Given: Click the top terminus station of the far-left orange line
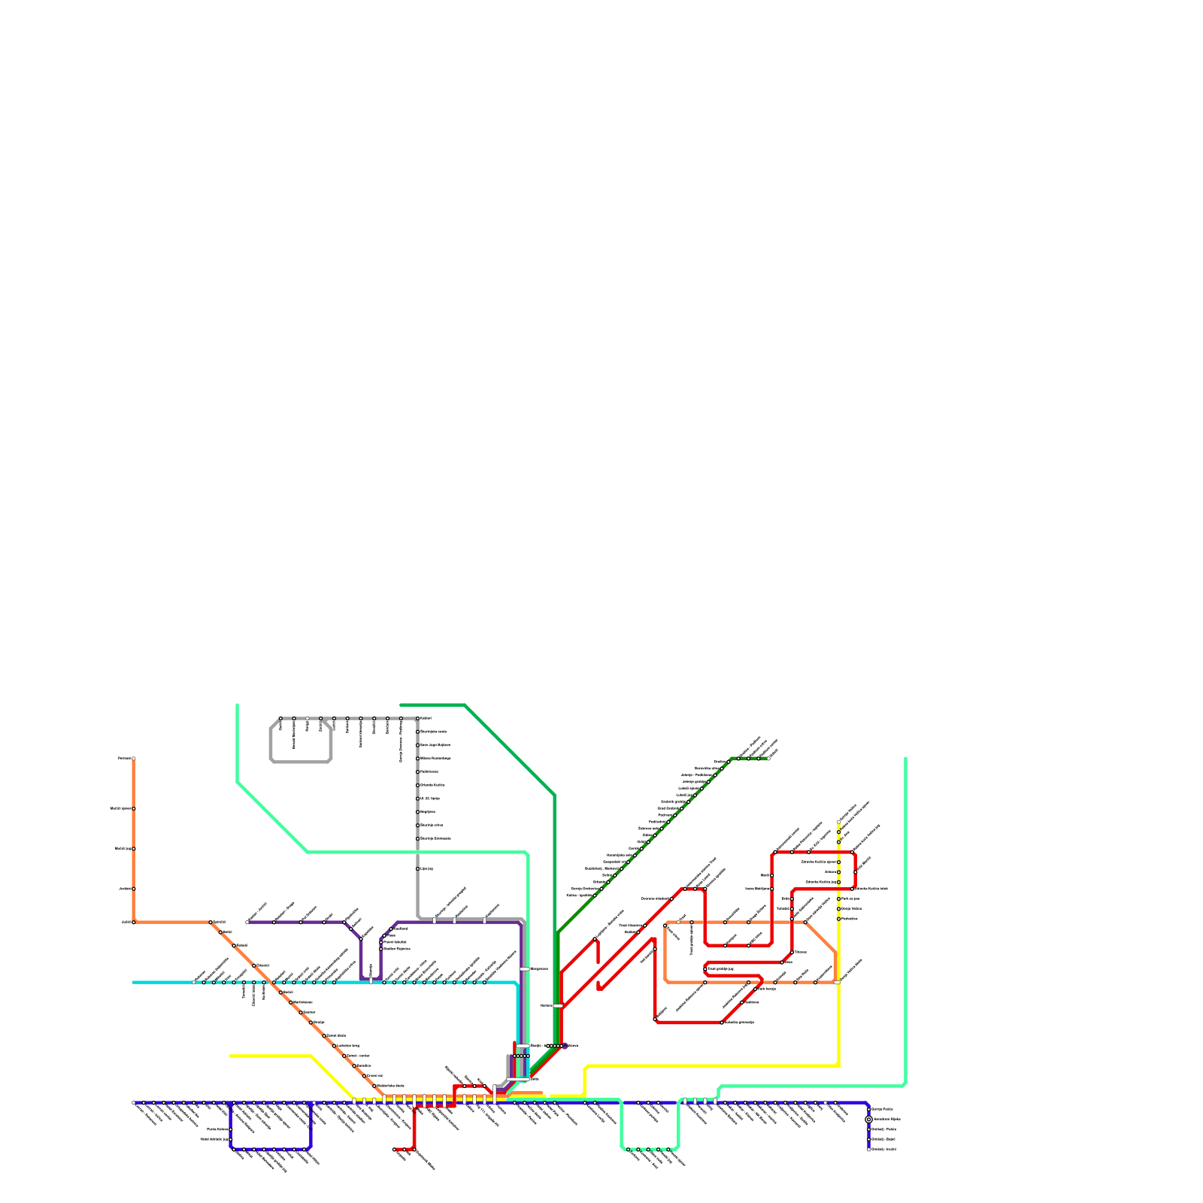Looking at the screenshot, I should [134, 759].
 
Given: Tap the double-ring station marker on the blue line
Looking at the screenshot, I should [868, 1120].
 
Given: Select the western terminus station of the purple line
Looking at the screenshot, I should [247, 923].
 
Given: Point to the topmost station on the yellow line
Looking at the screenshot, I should [839, 822].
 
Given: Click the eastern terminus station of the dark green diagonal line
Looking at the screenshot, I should [768, 759].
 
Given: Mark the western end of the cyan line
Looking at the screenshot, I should [134, 982].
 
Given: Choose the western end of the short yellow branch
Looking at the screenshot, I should [231, 1056].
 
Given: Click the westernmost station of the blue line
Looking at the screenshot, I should [134, 1103].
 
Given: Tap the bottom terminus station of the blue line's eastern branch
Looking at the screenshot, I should [868, 1149].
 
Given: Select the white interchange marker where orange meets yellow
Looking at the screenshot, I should [837, 982].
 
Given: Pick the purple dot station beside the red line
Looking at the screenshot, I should [565, 1046].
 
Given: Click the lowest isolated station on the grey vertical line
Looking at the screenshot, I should [418, 869].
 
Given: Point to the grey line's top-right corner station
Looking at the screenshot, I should [418, 719].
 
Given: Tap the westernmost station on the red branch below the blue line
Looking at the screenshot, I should [394, 1149].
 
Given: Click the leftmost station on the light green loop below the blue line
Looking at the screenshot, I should [629, 1149].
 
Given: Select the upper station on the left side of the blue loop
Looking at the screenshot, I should [231, 1129].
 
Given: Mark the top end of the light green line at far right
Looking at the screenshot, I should [905, 759].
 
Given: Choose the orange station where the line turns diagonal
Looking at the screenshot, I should [211, 923].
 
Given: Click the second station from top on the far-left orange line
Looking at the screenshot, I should [134, 809].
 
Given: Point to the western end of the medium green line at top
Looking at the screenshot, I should [402, 705].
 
